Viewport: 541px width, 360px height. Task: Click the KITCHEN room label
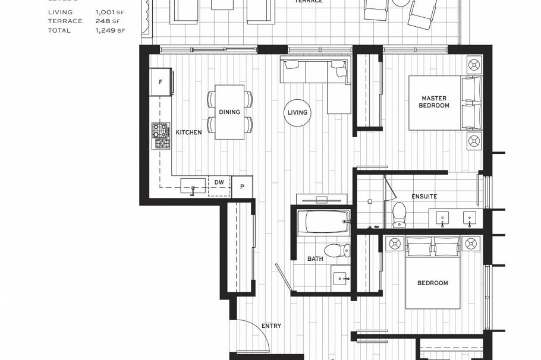[188, 132]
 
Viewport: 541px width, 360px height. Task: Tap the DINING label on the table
[229, 112]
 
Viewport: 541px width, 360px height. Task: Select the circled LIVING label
[297, 112]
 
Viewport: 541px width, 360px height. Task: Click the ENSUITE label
[424, 196]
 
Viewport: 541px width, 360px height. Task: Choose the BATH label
[314, 259]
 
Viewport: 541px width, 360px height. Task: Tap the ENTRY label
[271, 326]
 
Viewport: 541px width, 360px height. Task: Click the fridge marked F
[161, 82]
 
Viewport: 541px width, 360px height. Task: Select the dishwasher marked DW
[219, 182]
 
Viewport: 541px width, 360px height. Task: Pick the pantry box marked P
[242, 186]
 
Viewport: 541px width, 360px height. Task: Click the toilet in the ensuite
[400, 214]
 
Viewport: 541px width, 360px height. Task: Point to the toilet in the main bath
[338, 250]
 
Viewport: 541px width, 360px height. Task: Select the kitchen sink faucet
[193, 188]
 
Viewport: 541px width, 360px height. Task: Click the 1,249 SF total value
[108, 30]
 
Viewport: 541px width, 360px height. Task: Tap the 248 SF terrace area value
[105, 21]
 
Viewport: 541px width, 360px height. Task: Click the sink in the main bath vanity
[339, 277]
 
